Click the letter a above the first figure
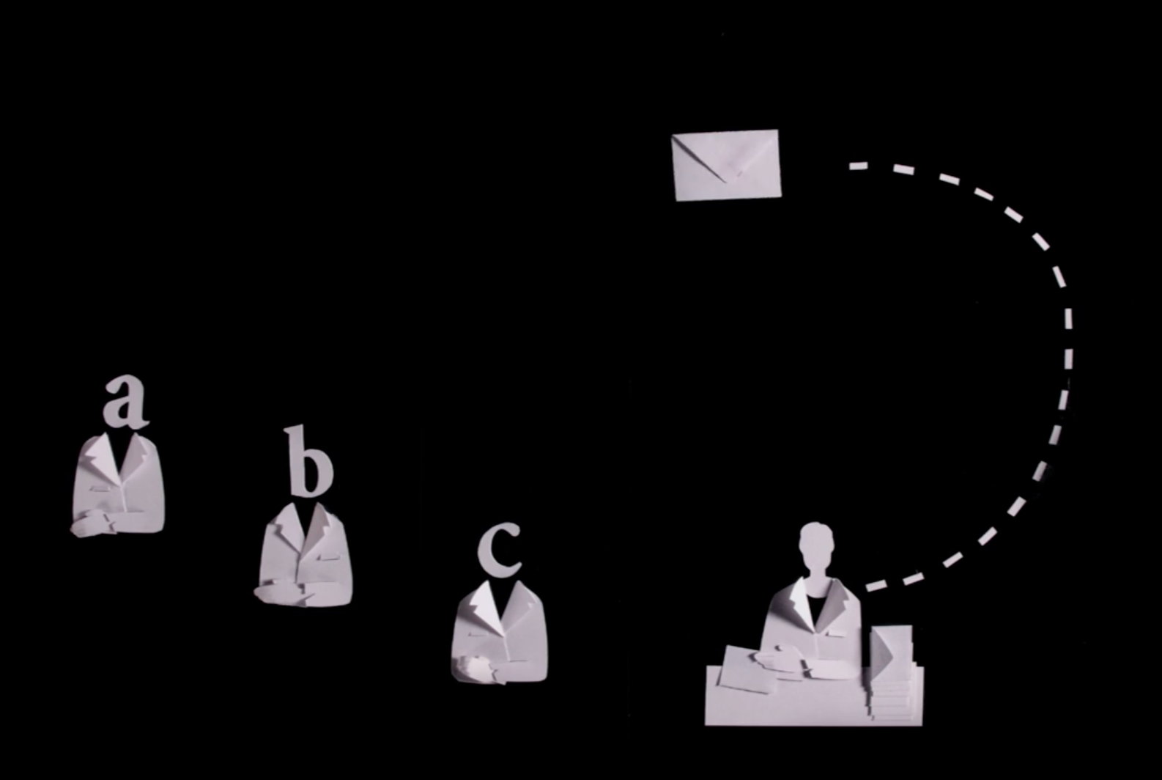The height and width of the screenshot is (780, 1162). tap(125, 402)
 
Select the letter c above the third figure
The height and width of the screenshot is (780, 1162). tap(498, 549)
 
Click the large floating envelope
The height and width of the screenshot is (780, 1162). tap(726, 165)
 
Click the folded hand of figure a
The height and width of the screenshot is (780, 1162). tap(92, 523)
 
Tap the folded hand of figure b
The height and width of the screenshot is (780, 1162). tap(280, 595)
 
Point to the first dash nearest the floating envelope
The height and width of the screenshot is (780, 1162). tap(858, 166)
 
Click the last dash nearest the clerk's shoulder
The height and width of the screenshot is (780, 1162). tap(876, 586)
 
